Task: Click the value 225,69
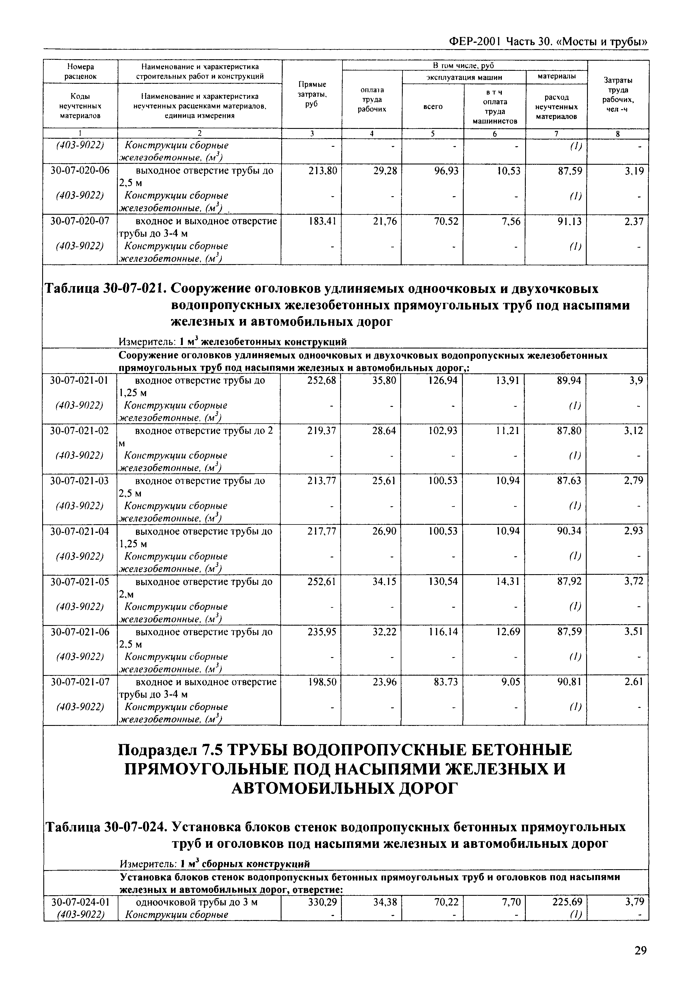567,902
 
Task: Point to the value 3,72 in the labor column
633,582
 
